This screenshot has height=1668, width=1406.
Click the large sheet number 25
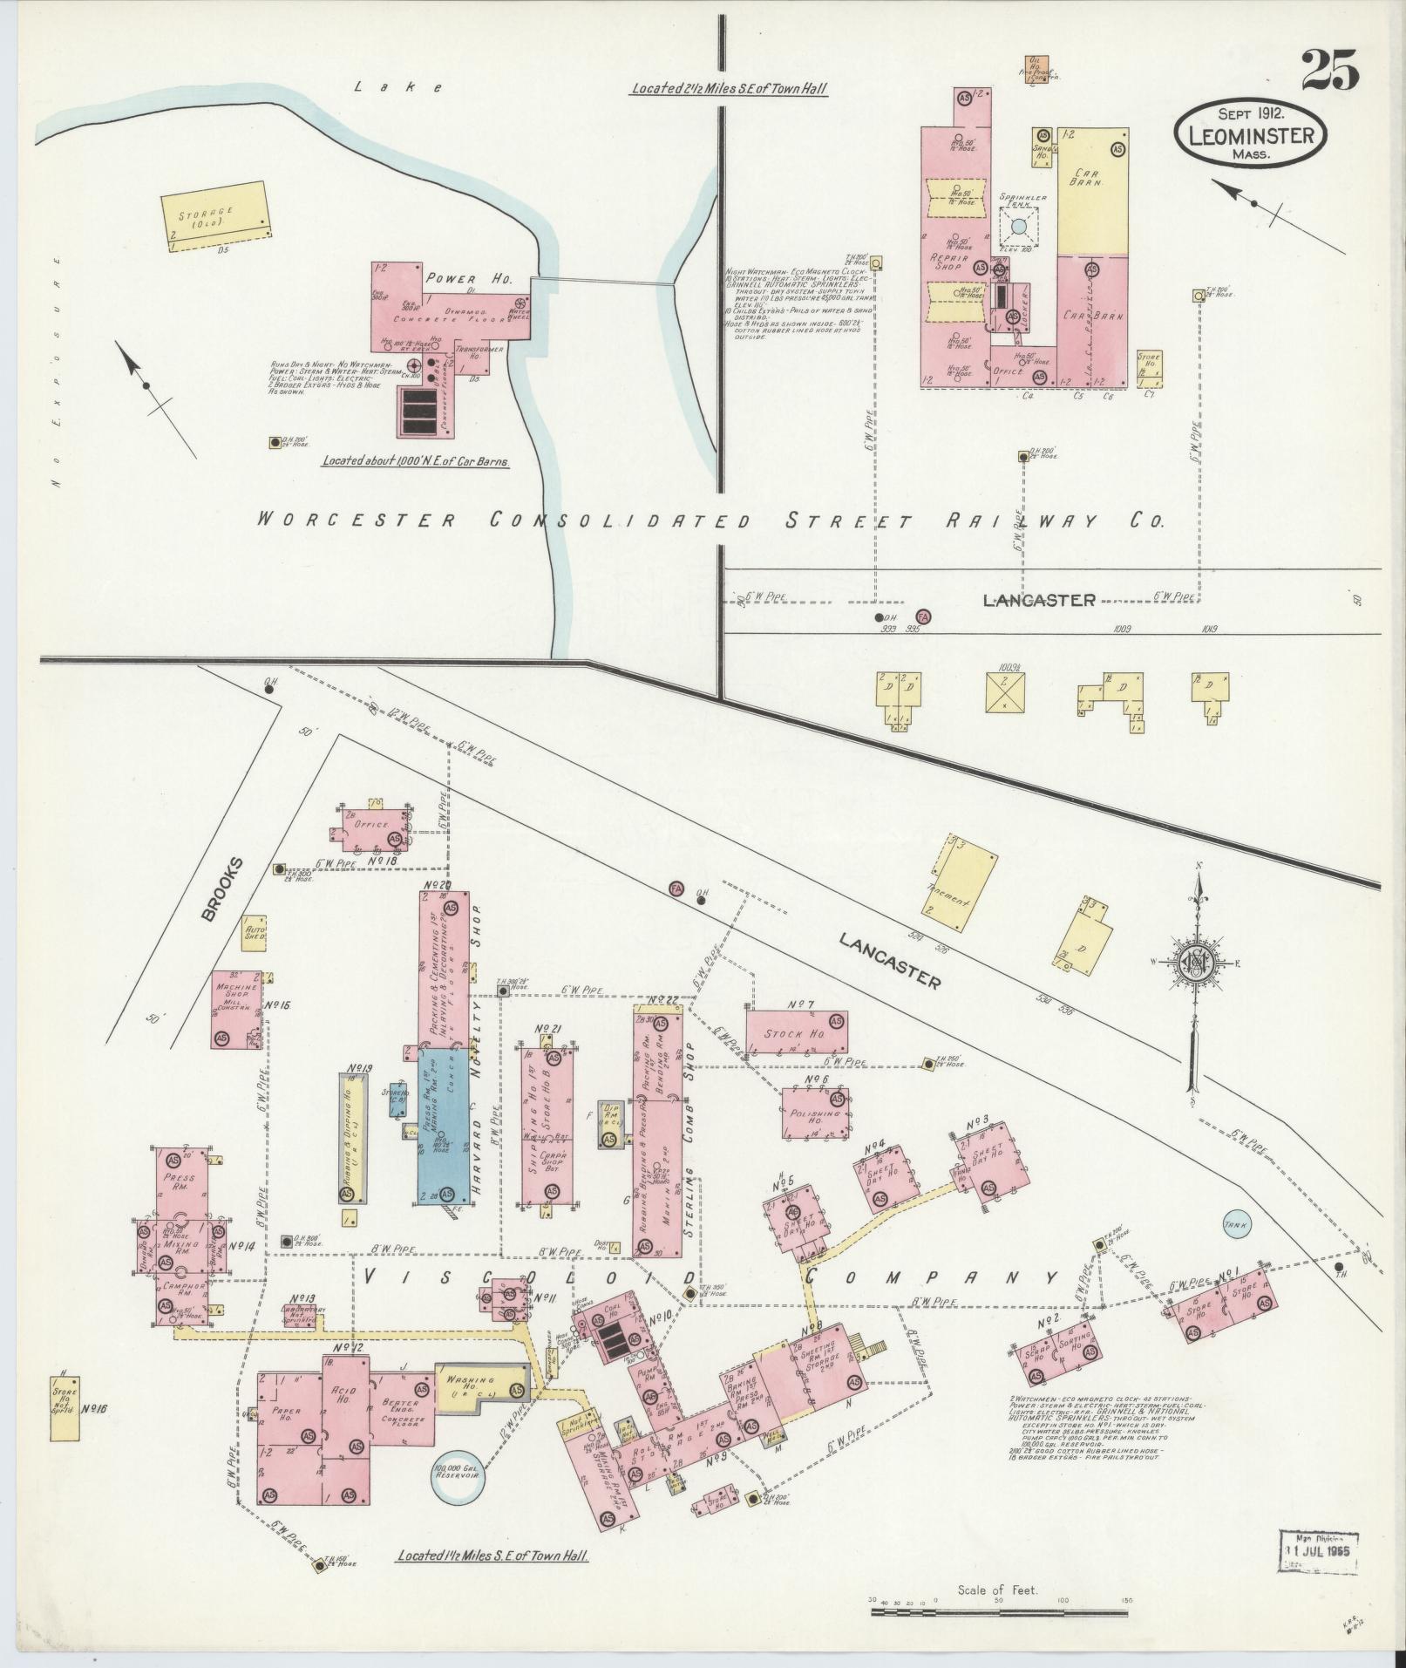pos(1330,70)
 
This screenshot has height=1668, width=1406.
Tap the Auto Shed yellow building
pos(254,933)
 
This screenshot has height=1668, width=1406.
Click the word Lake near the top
pos(399,86)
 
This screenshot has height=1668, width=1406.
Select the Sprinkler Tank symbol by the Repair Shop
pos(1019,227)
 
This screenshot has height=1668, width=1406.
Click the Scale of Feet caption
pos(997,1590)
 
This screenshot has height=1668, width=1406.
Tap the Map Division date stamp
pos(1321,1551)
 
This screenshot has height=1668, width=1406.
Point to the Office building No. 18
pos(371,824)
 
